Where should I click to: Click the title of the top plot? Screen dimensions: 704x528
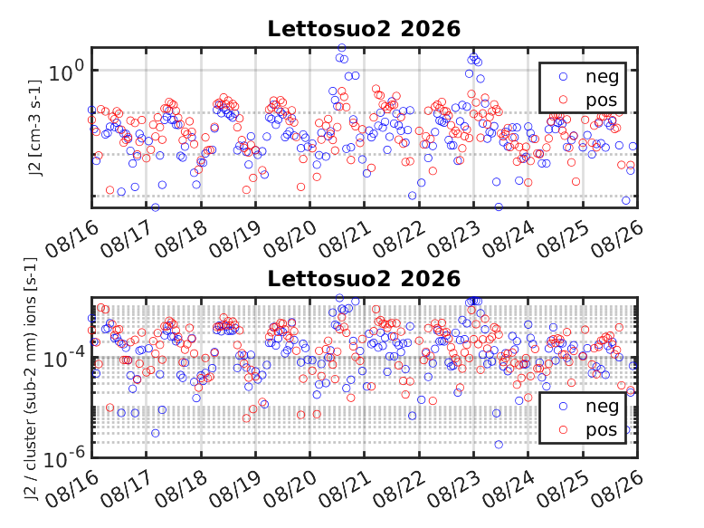364,29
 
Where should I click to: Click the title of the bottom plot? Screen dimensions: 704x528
364,279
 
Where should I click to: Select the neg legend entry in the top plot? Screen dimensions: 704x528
588,76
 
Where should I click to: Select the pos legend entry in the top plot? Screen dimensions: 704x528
588,100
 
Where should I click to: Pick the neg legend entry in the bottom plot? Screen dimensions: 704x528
588,407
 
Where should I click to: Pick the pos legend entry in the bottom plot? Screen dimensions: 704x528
588,430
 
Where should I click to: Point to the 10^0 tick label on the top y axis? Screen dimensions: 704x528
66,72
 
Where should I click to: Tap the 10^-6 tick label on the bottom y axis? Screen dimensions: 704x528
64,458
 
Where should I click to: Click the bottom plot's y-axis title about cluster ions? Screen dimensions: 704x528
31,379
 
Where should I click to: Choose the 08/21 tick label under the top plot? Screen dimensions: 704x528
345,239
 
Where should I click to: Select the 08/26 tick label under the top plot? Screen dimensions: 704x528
617,239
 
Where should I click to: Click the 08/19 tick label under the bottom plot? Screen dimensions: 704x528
235,489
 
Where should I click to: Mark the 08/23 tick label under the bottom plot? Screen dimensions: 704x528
453,489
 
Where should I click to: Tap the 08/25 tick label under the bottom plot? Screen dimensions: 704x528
563,489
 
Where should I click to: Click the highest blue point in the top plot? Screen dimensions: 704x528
342,48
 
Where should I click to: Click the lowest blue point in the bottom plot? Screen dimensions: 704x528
499,445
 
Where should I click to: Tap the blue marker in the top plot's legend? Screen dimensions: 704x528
563,76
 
